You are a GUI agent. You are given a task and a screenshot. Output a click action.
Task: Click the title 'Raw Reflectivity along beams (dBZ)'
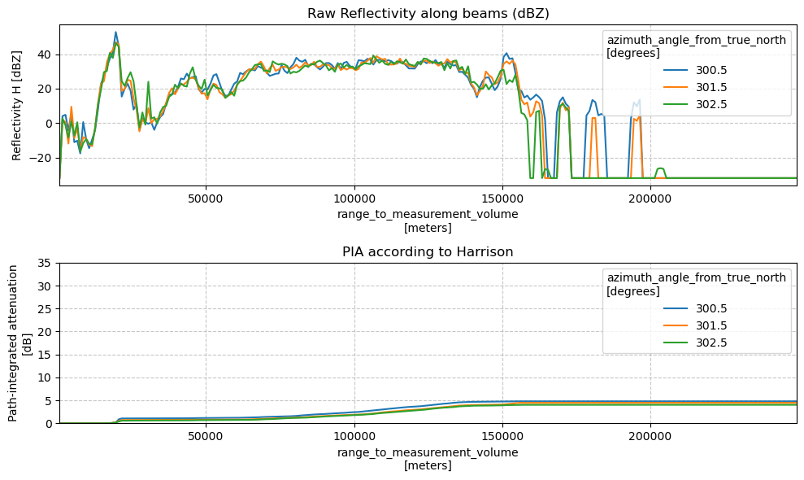(x=428, y=13)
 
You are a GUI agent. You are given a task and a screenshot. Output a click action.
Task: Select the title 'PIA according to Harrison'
(x=428, y=251)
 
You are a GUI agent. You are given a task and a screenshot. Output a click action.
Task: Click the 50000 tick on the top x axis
(x=206, y=199)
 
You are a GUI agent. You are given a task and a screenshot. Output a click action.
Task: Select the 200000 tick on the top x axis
(x=650, y=199)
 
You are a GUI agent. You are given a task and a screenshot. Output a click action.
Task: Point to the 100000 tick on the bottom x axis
(x=354, y=436)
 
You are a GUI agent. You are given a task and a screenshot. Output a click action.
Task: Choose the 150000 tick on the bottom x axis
(x=502, y=436)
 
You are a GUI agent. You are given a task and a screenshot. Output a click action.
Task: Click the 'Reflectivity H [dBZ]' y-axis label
(x=17, y=105)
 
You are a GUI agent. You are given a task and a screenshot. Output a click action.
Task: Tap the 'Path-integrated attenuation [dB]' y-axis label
(x=20, y=343)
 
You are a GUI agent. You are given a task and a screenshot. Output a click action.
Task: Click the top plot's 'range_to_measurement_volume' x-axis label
(x=428, y=214)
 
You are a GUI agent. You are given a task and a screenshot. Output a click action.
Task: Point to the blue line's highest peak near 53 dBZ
(x=116, y=33)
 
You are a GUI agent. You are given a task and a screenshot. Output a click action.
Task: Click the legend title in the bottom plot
(x=697, y=284)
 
